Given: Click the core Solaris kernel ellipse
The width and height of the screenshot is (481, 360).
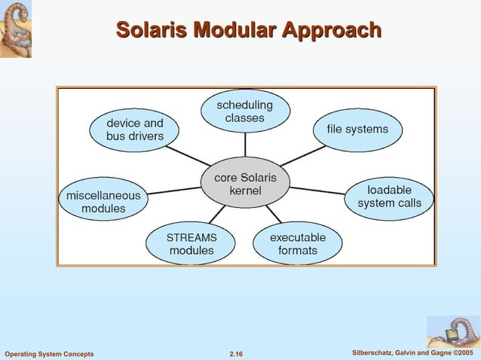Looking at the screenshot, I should coord(245,185).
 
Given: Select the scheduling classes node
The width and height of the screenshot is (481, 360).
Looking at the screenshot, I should coord(245,111).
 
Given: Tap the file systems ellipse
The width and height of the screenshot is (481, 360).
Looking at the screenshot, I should coord(357,130).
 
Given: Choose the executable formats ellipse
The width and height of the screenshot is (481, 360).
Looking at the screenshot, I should coord(298,243).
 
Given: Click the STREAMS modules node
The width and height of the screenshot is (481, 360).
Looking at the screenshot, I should coord(191,243).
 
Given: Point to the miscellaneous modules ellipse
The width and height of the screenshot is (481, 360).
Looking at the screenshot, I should coord(103,200).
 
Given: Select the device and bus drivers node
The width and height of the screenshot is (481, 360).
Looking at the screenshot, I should coord(135,130).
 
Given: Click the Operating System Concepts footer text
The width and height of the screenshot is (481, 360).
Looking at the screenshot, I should coord(50,354).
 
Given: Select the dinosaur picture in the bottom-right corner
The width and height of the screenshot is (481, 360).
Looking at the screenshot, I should coord(452,331).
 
